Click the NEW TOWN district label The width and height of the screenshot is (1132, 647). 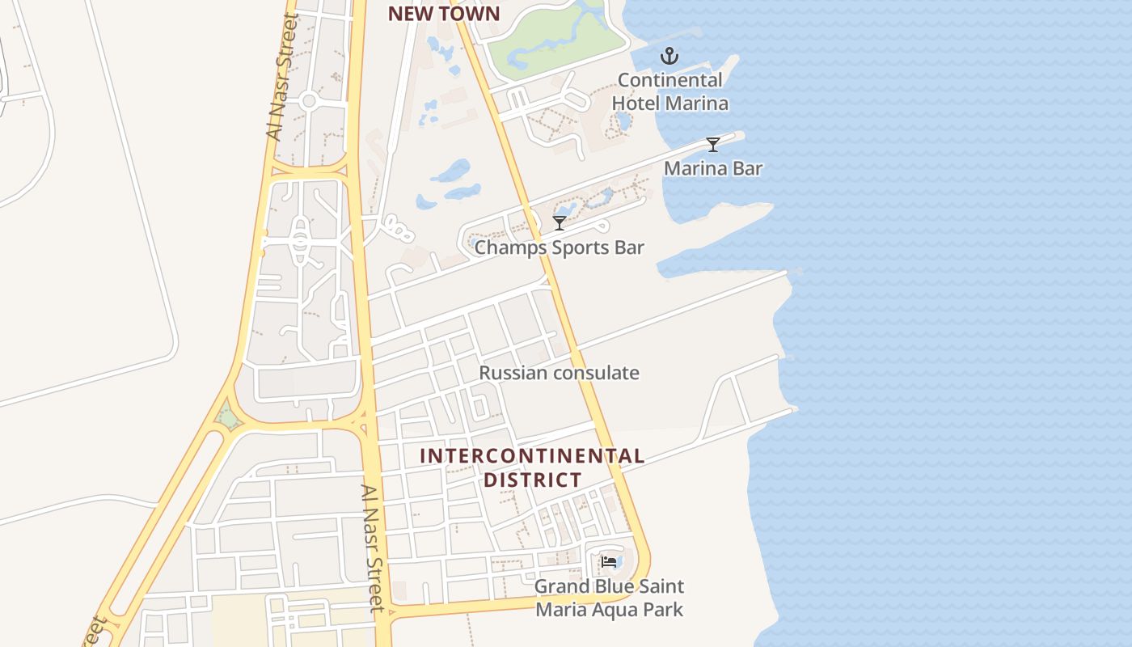pos(443,14)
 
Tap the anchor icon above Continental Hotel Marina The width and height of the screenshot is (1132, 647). pos(669,56)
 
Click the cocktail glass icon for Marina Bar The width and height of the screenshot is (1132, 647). pos(712,144)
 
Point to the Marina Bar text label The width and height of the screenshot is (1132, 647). pos(712,168)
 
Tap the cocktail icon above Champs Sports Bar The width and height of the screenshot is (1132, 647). pos(559,222)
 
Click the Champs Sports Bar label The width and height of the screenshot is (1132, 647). pos(559,247)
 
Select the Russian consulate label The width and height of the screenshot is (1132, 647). pos(559,373)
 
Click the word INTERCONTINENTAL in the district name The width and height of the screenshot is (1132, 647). pos(531,455)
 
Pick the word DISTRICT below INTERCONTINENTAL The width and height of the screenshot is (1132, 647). pos(531,480)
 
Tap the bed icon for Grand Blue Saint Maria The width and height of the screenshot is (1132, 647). pos(609,561)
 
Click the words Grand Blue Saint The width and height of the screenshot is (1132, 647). pos(609,586)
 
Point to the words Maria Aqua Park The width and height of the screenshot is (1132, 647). pos(609,609)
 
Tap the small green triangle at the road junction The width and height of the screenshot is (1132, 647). pos(229,418)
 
